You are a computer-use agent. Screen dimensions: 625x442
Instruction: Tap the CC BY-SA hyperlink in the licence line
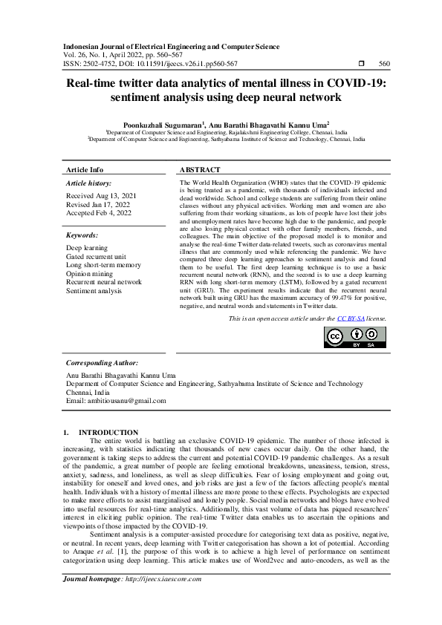click(348, 318)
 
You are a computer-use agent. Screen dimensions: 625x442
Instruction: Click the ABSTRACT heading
click(201, 170)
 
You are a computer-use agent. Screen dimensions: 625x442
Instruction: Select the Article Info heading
click(85, 170)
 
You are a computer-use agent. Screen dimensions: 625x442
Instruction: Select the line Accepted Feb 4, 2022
click(99, 212)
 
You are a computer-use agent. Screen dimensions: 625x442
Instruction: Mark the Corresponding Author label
click(102, 364)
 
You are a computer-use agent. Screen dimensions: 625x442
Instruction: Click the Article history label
click(89, 183)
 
